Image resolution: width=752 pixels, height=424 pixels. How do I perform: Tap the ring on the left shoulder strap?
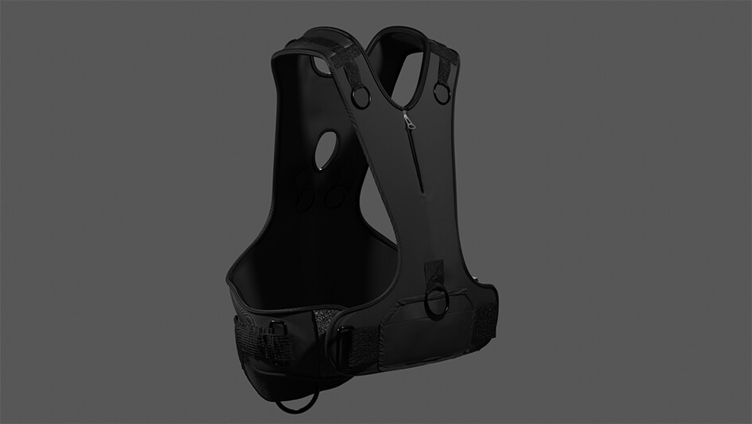pyautogui.click(x=360, y=97)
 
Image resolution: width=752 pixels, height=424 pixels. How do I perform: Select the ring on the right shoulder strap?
pyautogui.click(x=442, y=93)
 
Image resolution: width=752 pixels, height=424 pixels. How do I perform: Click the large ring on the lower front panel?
pyautogui.click(x=438, y=303)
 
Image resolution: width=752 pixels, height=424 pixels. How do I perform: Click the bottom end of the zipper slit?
pyautogui.click(x=419, y=191)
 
